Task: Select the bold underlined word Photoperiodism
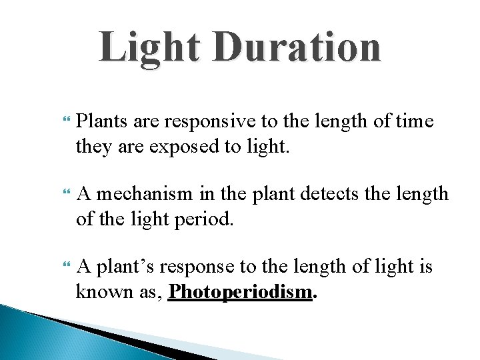[x=240, y=292]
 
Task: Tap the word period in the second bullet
[x=207, y=219]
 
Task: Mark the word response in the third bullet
[x=201, y=267]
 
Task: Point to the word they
[x=93, y=146]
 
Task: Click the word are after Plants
[x=146, y=121]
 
